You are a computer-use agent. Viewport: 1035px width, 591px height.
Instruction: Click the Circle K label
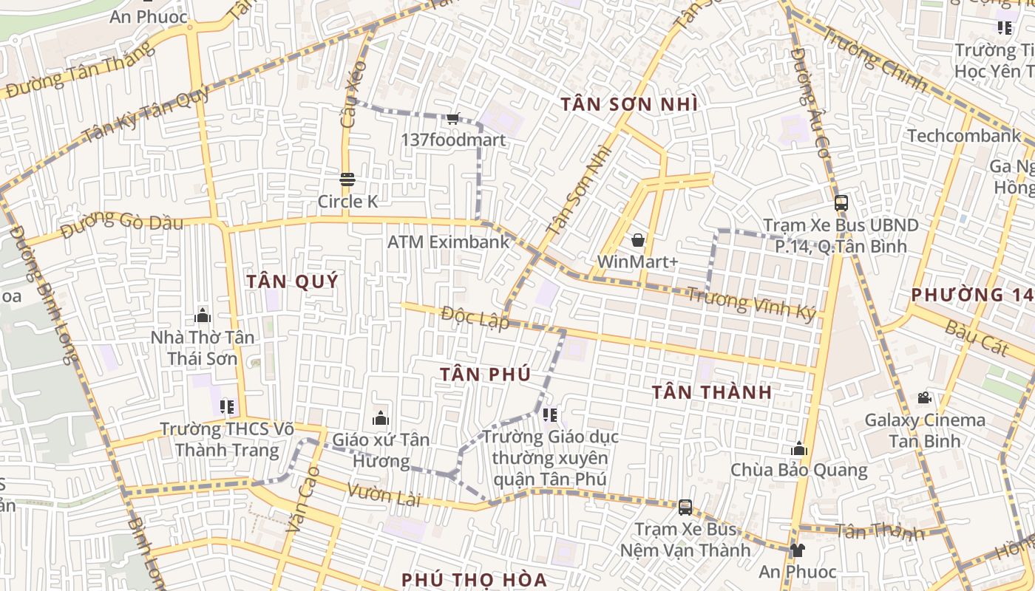[347, 202]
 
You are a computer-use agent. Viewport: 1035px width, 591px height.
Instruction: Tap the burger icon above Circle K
[347, 180]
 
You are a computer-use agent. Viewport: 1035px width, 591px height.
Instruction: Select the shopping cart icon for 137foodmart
[453, 118]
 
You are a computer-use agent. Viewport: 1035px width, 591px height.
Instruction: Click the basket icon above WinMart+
[637, 240]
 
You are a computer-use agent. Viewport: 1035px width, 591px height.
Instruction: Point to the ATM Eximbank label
[449, 242]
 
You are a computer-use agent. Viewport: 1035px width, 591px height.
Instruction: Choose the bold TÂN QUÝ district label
[292, 281]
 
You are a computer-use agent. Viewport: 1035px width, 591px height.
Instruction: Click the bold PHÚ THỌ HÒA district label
[474, 579]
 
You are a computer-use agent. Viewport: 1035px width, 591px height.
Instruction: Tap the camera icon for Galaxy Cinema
[924, 398]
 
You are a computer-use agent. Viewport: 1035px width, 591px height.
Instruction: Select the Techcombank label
[964, 136]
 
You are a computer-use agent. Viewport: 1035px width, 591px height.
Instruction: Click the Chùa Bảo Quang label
[798, 470]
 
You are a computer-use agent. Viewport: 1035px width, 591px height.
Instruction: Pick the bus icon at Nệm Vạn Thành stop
[685, 508]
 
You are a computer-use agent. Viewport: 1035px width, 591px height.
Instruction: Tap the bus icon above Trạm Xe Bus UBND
[841, 203]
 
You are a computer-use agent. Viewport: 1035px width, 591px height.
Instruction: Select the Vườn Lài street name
[384, 495]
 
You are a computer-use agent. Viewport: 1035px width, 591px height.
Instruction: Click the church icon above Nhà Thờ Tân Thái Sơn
[203, 316]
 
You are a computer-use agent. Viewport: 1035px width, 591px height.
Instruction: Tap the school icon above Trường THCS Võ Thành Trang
[227, 407]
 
